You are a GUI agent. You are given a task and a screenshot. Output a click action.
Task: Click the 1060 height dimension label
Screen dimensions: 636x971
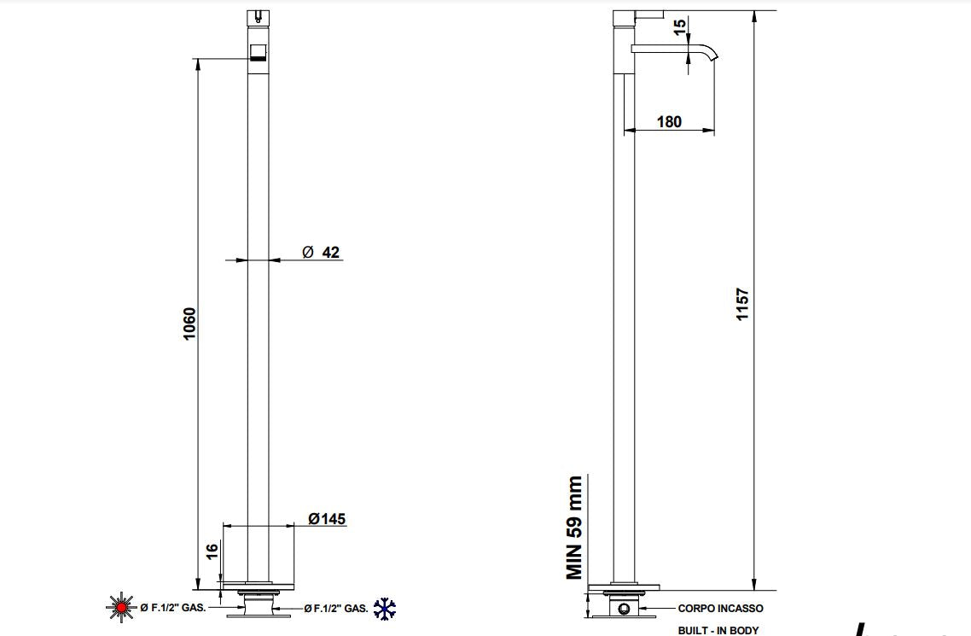point(189,324)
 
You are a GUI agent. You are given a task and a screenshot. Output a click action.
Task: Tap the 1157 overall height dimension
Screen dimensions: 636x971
point(742,304)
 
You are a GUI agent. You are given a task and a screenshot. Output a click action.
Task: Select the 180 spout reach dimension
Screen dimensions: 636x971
point(669,121)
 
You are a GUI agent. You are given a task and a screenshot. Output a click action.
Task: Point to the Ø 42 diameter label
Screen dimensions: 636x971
point(322,252)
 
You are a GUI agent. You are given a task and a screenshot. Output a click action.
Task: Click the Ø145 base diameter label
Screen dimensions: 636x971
point(327,519)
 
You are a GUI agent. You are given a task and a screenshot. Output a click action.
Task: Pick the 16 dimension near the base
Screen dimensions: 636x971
point(212,551)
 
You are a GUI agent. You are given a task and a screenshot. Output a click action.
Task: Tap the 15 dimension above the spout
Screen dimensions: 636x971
point(680,27)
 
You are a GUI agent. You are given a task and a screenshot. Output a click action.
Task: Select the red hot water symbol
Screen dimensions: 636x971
point(120,608)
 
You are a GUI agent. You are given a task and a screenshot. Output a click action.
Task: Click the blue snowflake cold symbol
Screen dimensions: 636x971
point(385,608)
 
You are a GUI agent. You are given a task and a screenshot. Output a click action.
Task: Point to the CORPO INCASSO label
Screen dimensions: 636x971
point(720,609)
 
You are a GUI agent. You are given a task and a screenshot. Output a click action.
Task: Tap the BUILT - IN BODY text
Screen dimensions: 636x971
point(718,631)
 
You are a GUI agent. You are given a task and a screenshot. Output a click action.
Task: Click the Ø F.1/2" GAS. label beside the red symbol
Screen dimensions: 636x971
point(172,608)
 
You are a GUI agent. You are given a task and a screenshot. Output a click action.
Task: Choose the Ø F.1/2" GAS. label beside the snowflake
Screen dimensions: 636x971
point(336,609)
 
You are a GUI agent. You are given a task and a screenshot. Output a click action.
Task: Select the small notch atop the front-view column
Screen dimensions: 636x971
point(258,15)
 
